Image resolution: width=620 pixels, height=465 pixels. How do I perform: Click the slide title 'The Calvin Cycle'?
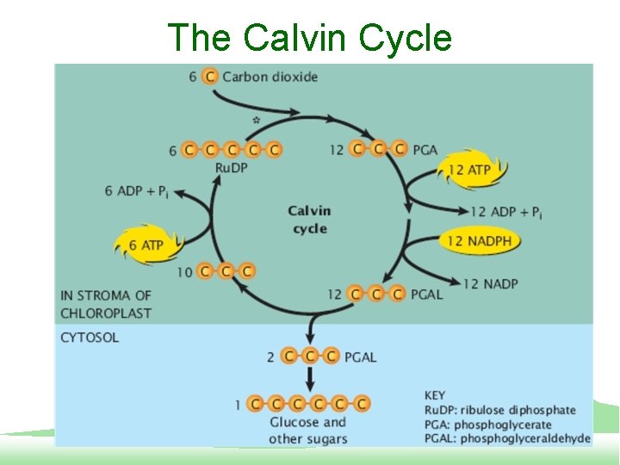pos(309,38)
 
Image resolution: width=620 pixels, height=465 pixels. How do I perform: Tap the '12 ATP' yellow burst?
pos(470,170)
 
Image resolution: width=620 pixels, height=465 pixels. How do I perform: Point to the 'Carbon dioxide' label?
pos(270,77)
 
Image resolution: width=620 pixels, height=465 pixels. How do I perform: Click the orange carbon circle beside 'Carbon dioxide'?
pos(209,77)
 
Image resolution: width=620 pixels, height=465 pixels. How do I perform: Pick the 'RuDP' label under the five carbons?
pos(231,167)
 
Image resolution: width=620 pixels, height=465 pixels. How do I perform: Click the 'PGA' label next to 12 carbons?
pos(425,150)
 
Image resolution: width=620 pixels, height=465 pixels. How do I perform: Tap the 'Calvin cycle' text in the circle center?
pos(309,220)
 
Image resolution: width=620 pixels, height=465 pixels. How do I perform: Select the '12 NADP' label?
pos(490,283)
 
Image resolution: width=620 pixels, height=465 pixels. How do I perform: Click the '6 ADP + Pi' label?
pos(137,191)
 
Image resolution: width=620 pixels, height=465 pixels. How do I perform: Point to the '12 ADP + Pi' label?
pos(506,213)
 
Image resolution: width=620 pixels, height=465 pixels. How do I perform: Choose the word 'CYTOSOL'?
pos(90,338)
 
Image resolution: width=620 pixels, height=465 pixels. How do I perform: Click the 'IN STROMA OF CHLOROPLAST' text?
pos(106,303)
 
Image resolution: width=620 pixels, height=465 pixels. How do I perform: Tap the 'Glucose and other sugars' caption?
pos(307,431)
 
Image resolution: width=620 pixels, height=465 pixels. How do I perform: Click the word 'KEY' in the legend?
pos(436,395)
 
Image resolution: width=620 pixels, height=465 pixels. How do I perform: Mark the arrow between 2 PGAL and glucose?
pos(308,377)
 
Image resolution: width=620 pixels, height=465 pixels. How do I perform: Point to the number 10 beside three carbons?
pos(183,272)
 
